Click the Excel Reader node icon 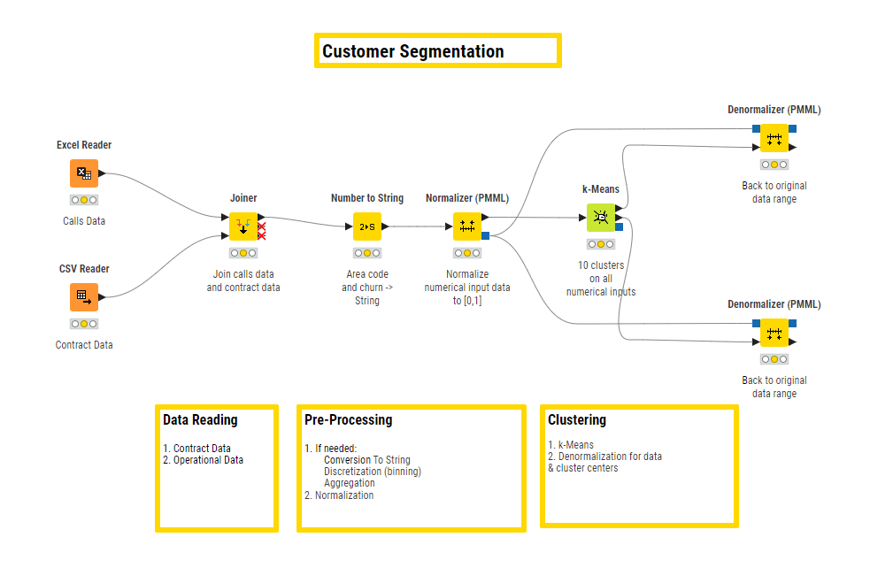click(x=84, y=173)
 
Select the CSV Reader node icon click(x=84, y=297)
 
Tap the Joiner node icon click(x=243, y=226)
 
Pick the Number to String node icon click(x=367, y=226)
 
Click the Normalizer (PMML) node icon click(x=467, y=226)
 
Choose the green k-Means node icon click(x=601, y=218)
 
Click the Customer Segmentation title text click(x=413, y=51)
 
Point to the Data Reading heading click(x=200, y=420)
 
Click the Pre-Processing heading click(x=349, y=420)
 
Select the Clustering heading click(x=577, y=420)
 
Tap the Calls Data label click(x=84, y=221)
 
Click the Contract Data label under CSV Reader click(x=84, y=344)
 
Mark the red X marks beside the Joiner click(x=262, y=231)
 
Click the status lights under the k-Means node click(x=601, y=244)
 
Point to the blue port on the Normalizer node click(x=486, y=235)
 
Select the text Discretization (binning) click(x=373, y=472)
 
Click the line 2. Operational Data click(x=203, y=460)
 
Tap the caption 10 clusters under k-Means click(x=601, y=265)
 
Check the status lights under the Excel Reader click(x=84, y=200)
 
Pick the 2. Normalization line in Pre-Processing click(x=339, y=495)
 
